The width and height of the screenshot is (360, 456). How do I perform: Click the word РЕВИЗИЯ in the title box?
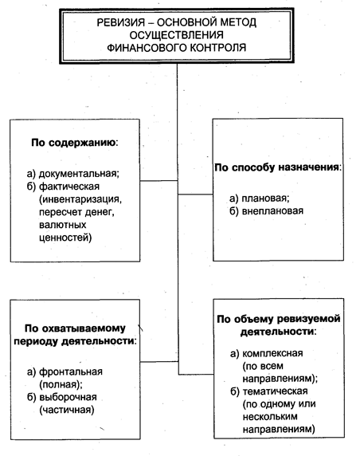click(121, 22)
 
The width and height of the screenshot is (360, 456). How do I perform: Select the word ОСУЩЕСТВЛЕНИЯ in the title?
click(177, 35)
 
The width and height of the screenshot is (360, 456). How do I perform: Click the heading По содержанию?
click(75, 143)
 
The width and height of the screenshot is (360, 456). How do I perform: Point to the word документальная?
click(79, 174)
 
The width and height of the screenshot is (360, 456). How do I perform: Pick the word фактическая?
click(69, 187)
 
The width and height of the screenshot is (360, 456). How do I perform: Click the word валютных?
click(63, 225)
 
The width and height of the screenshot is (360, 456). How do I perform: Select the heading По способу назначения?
click(278, 167)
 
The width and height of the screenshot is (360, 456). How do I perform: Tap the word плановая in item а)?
click(265, 199)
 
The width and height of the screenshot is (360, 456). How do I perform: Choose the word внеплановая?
click(272, 210)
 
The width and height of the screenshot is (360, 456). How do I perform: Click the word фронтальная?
click(71, 371)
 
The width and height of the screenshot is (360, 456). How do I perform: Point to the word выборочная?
click(68, 397)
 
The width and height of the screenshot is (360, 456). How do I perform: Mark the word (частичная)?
click(67, 410)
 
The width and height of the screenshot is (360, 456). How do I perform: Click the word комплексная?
click(272, 353)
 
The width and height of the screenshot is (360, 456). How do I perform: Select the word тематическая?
click(275, 391)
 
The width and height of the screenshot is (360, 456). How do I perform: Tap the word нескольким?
click(270, 417)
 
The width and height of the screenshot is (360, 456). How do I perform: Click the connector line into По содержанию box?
click(159, 181)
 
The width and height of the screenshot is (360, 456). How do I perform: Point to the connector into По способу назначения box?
click(195, 195)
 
